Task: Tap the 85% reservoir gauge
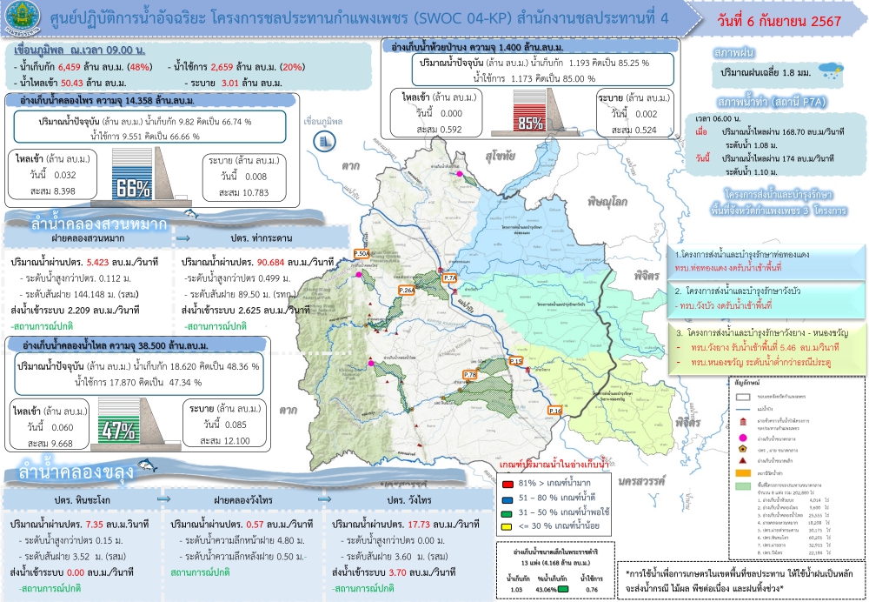(x=528, y=122)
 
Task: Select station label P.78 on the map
(x=470, y=375)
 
